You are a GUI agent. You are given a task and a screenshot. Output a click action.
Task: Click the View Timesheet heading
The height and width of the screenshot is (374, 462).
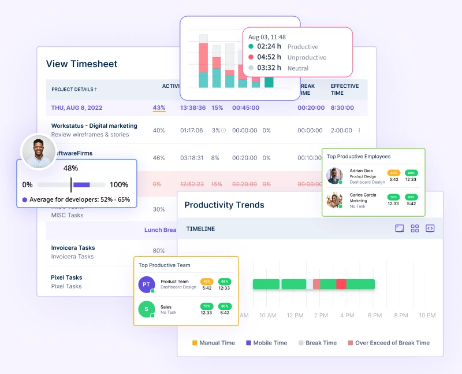pos(81,64)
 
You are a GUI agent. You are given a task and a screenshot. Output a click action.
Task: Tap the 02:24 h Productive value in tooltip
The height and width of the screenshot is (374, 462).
pos(269,47)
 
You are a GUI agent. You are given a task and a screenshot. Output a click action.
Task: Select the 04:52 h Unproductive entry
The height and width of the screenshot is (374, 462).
pos(269,57)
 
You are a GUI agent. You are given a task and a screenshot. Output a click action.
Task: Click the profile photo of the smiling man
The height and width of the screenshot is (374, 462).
pos(38,151)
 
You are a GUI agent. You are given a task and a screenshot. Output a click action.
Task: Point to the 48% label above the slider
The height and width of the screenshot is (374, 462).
pos(70,168)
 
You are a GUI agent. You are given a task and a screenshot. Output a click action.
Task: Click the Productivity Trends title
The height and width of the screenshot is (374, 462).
pos(224,205)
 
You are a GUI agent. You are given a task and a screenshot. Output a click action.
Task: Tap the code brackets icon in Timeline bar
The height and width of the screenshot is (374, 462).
pos(430,228)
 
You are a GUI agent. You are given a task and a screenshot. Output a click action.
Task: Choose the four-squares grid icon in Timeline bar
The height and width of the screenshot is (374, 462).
pos(415,228)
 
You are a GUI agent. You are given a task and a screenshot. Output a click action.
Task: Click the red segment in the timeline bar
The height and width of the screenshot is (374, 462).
pos(341,284)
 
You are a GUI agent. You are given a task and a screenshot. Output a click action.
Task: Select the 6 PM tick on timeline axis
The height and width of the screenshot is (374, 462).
pos(375,315)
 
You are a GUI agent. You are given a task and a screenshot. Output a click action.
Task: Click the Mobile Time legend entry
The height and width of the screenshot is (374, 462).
pos(266,343)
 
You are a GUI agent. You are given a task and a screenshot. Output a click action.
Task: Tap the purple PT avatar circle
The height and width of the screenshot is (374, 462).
pos(147,284)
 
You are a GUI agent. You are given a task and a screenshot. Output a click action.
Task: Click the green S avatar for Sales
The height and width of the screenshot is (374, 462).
pos(147,309)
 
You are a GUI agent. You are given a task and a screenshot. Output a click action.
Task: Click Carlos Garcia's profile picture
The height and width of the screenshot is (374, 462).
pos(334,200)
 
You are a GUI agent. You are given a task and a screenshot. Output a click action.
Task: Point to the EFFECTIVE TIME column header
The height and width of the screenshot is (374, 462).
pos(344,89)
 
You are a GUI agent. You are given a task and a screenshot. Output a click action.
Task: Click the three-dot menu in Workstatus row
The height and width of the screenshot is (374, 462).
pos(359,131)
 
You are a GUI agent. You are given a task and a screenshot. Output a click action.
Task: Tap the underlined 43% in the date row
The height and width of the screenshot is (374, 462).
pos(159,108)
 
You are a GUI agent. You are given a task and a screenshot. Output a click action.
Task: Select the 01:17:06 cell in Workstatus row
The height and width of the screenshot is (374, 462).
pos(191,131)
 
